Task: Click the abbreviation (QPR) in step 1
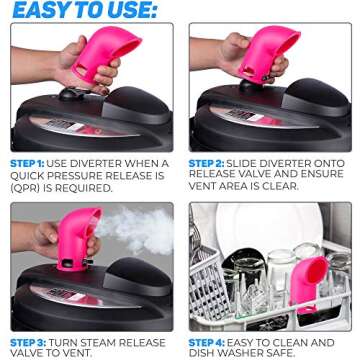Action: (x=27, y=187)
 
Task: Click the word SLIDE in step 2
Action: (x=250, y=163)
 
